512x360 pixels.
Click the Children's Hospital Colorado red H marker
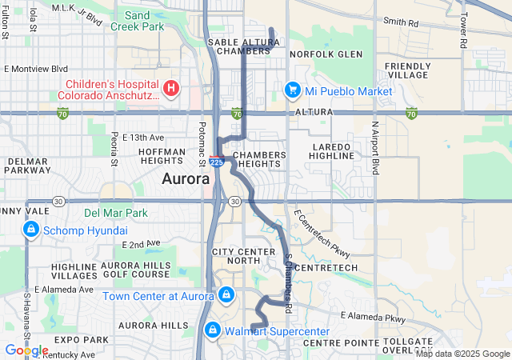pos(170,87)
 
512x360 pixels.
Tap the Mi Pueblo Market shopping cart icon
pos(293,90)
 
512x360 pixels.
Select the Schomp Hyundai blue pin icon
pos(31,230)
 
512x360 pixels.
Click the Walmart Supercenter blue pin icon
pos(212,330)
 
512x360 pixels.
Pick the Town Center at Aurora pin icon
pos(226,296)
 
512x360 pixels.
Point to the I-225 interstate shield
pos(217,161)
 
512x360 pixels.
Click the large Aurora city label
pos(186,179)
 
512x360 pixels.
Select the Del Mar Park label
pos(116,214)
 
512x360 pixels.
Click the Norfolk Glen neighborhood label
pos(314,54)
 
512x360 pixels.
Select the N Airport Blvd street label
pos(374,149)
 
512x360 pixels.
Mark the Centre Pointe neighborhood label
pos(329,342)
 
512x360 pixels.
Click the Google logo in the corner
pos(26,350)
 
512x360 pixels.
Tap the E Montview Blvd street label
pos(35,70)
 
